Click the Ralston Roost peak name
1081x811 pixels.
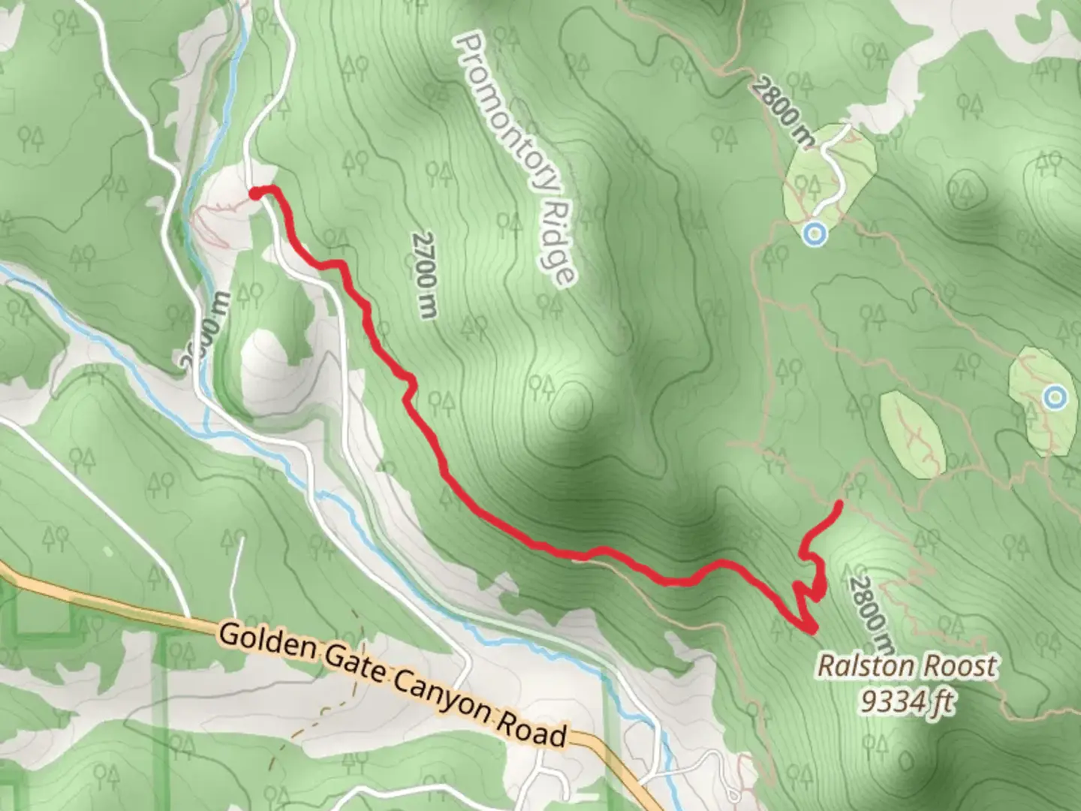tap(907, 665)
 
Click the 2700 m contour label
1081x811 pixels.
tap(424, 274)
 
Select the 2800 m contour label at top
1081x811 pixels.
tap(781, 113)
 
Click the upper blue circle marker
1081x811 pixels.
tap(814, 234)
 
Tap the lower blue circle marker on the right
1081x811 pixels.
tap(1055, 396)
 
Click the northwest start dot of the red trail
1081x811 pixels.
tap(254, 194)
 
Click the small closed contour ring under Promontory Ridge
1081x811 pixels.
tap(572, 406)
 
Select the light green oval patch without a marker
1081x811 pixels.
tap(911, 433)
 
